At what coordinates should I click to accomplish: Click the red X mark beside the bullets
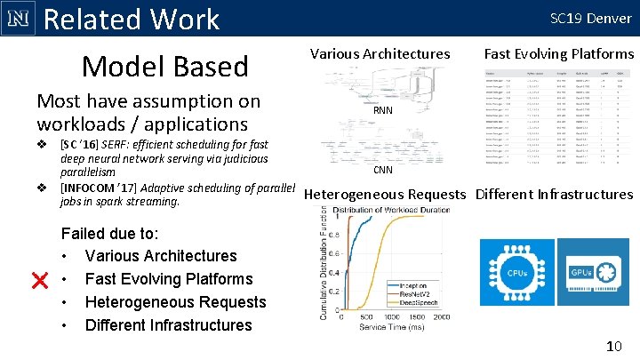[39, 281]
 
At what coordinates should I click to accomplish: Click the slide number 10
[612, 345]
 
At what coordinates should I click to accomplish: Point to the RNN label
[383, 111]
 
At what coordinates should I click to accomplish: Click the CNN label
[383, 170]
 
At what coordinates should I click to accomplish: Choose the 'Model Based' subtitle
[165, 66]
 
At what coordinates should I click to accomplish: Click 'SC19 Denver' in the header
[590, 18]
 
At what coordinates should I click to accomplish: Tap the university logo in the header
[19, 18]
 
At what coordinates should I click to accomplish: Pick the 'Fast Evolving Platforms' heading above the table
[559, 53]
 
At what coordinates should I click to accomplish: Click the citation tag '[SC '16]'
[83, 144]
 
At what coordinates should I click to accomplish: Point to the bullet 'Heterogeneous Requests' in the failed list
[175, 302]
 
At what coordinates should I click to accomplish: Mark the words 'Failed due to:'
[110, 234]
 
